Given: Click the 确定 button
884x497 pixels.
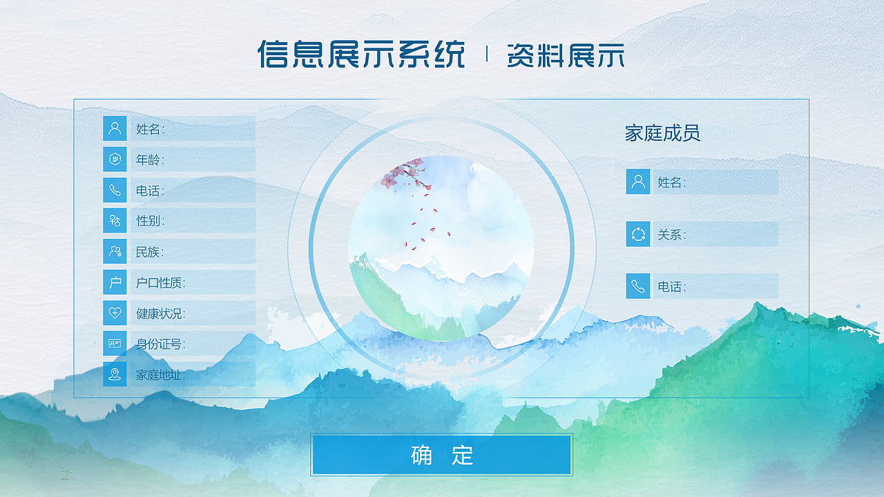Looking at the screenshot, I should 441,455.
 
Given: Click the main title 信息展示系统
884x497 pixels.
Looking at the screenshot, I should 361,54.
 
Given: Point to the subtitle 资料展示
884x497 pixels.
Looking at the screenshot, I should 565,55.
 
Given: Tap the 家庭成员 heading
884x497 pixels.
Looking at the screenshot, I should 662,133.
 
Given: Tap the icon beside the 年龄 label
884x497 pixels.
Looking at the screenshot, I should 115,159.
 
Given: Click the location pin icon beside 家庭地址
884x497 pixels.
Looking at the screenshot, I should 115,374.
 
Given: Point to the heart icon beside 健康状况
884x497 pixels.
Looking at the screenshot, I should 115,313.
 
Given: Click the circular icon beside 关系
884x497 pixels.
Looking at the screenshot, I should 638,234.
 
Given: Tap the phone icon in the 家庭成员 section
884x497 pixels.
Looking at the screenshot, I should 638,286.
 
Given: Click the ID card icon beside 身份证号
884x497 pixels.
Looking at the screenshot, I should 115,343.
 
